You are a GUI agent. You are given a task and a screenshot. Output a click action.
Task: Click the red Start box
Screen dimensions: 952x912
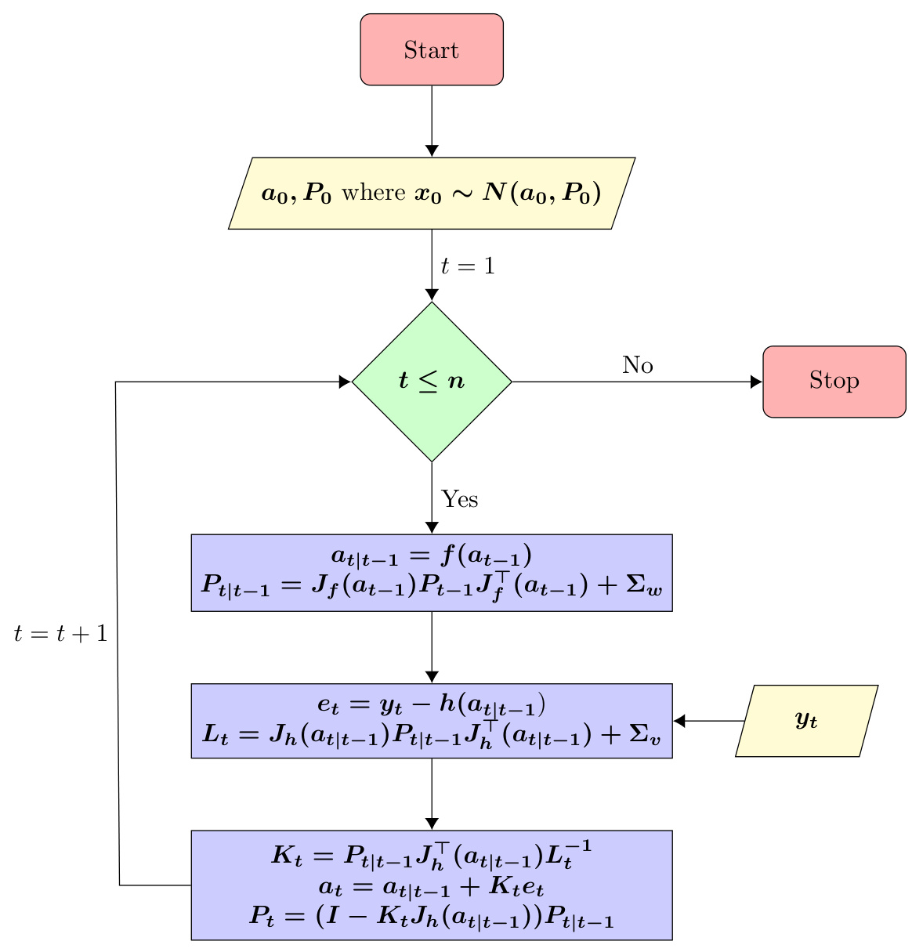(x=432, y=49)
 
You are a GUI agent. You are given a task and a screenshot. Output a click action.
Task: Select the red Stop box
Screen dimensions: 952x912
(x=834, y=382)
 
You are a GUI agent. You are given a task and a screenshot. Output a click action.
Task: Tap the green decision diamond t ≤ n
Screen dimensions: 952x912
(x=432, y=382)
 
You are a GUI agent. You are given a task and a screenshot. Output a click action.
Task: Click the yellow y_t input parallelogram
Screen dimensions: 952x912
(x=806, y=721)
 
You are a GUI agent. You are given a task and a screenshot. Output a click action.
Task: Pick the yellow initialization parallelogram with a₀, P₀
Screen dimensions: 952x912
(x=432, y=194)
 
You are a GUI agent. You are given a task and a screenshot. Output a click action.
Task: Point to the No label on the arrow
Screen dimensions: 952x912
(x=638, y=365)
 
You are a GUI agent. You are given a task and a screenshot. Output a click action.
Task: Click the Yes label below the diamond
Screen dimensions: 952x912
(x=460, y=499)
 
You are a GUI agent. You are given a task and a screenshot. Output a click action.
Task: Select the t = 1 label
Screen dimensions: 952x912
(x=468, y=266)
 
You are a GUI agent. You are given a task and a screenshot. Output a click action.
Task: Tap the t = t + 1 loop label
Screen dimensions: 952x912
(x=60, y=634)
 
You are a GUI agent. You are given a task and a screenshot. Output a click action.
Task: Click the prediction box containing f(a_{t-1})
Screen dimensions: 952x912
(x=432, y=573)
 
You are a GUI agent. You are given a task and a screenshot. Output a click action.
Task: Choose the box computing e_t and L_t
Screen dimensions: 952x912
(x=432, y=721)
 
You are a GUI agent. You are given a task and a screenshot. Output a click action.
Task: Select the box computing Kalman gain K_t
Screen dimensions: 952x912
(x=432, y=885)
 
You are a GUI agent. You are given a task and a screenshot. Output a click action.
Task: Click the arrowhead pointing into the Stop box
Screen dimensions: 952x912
(x=756, y=382)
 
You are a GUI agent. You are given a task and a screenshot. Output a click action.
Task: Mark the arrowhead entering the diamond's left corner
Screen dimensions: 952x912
(x=345, y=382)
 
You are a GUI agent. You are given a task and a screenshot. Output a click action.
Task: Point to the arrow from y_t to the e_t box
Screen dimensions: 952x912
(x=709, y=721)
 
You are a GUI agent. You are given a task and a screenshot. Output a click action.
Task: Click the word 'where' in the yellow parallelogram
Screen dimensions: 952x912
(x=373, y=193)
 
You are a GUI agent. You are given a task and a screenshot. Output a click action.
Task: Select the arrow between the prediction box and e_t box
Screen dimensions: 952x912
(x=432, y=646)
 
